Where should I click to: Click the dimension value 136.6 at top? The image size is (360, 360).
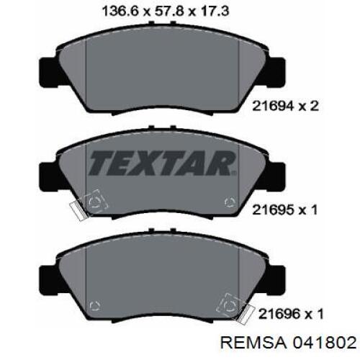pos(120,12)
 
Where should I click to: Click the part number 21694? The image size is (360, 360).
pos(273,106)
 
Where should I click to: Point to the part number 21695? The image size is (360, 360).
pos(273,210)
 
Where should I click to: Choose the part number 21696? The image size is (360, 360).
pos(279,314)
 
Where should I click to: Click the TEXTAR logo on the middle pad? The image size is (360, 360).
pos(162,163)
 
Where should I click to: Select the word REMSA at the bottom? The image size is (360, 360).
pos(253,343)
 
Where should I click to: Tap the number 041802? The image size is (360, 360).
pos(324,343)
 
